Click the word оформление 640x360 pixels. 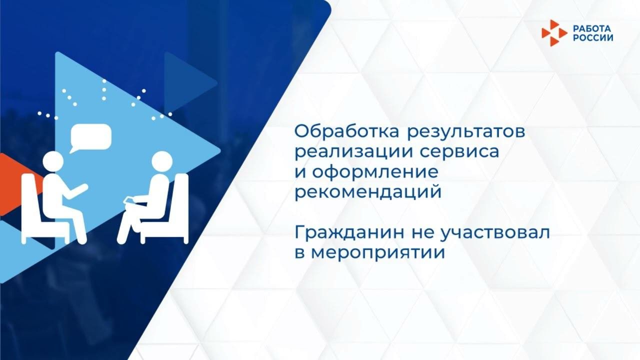point(375,172)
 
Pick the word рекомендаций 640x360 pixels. point(367,192)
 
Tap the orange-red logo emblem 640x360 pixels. point(554,33)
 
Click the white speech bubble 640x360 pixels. point(90,136)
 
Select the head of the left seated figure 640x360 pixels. point(53,161)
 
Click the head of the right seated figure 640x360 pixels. point(161,161)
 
